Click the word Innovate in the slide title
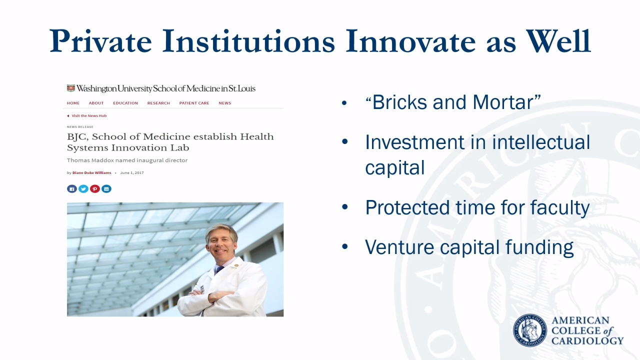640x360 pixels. [x=411, y=41]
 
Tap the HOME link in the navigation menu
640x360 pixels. [x=73, y=103]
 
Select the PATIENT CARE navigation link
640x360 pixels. [x=194, y=103]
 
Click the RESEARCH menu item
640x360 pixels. [x=158, y=103]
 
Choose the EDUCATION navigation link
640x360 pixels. [x=125, y=103]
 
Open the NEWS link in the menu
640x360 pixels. [x=225, y=103]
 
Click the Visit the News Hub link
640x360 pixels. [x=89, y=115]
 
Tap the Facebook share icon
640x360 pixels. [x=72, y=189]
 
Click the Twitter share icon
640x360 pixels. [x=83, y=189]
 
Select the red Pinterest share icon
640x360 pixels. [x=95, y=189]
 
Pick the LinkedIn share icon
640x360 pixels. [x=106, y=189]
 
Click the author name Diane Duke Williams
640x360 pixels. [x=91, y=173]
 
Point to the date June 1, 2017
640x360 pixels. [x=132, y=173]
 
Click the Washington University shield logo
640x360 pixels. [x=71, y=88]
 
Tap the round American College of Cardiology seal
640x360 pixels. [x=529, y=330]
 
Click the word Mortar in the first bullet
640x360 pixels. [x=503, y=102]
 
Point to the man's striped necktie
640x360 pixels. [x=219, y=269]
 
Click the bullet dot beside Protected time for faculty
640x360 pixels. [x=345, y=207]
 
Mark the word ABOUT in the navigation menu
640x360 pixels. [x=96, y=103]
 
